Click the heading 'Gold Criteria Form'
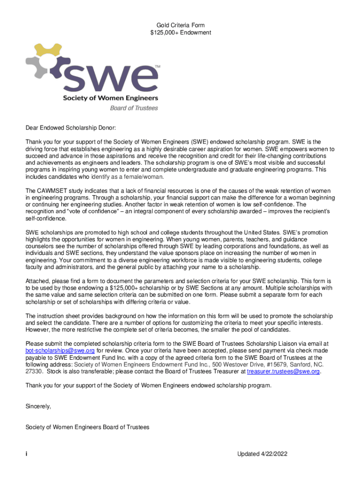[x=180, y=25]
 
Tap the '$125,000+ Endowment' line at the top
[x=180, y=33]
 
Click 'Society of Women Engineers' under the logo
[x=110, y=98]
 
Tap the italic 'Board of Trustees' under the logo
[x=134, y=108]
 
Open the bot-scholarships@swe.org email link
[x=60, y=350]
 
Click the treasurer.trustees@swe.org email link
[x=283, y=371]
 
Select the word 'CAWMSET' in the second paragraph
[x=51, y=191]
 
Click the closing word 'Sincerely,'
[x=38, y=406]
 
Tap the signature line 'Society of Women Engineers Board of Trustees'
[x=87, y=427]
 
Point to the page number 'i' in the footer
[x=27, y=454]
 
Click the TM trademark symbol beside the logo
[x=157, y=67]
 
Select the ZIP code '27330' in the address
[x=34, y=371]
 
